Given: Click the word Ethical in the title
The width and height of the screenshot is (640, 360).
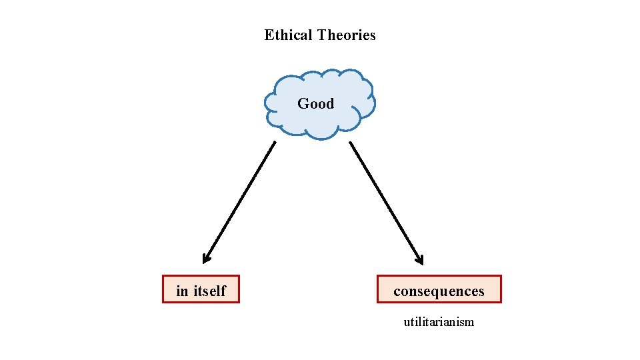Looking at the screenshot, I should tap(289, 35).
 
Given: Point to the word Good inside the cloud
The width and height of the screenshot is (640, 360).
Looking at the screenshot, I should tap(315, 103).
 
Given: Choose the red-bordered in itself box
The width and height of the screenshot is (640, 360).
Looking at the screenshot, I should tap(201, 289).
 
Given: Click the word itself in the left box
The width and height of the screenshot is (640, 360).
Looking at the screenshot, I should tap(210, 291).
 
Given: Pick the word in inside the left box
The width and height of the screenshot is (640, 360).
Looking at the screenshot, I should tap(182, 291).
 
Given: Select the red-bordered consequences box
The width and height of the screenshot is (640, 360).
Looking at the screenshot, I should tap(439, 289).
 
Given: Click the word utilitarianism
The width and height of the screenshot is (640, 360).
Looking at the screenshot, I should tap(439, 322).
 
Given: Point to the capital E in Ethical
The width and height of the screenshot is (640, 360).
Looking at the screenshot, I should tap(269, 35).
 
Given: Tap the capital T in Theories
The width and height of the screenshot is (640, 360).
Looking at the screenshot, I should tap(321, 35).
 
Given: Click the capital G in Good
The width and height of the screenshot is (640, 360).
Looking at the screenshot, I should tap(303, 103).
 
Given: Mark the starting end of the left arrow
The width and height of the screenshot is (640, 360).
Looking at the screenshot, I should tap(275, 142).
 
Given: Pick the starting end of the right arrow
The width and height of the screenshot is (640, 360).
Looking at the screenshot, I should tap(351, 142).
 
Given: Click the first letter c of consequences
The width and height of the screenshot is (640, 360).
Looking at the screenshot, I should tap(397, 292).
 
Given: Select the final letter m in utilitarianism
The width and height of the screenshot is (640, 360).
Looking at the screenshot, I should tap(470, 323).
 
